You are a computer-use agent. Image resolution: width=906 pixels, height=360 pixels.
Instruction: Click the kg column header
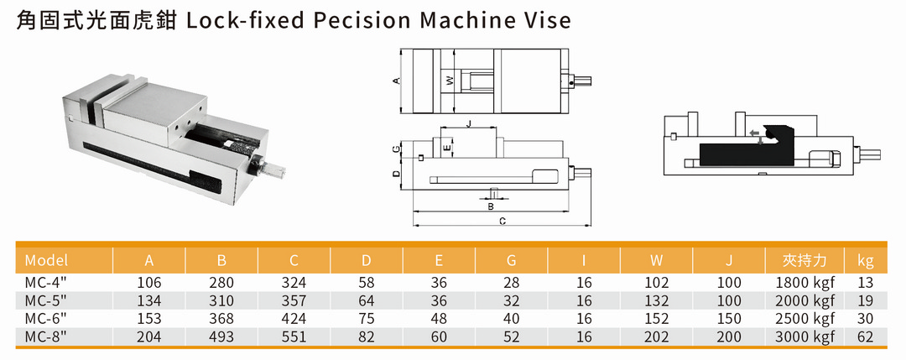pos(866,260)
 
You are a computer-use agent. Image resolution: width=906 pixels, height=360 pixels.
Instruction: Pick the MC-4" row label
pos(46,283)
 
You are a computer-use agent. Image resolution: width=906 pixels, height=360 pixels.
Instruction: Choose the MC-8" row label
pos(46,336)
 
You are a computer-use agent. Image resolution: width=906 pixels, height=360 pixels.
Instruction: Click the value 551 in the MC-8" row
pos(294,336)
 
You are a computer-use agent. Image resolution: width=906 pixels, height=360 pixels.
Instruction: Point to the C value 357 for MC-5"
pos(294,300)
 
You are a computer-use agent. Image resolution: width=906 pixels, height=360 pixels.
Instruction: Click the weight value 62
pos(866,336)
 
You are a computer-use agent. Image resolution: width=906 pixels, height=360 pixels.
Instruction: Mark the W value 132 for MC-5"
pos(657,300)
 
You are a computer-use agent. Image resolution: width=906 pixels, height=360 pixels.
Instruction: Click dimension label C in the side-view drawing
pos(501,222)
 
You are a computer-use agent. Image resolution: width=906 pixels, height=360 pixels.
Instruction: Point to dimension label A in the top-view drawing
pos(396,81)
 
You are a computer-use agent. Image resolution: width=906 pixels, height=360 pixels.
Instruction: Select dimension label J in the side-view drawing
pos(468,123)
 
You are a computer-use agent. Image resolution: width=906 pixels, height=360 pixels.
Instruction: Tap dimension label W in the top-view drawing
pos(449,81)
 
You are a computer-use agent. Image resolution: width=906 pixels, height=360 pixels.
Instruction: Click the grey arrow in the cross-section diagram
pos(755,133)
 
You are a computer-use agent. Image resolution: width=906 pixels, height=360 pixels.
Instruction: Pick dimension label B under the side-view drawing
pos(491,205)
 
